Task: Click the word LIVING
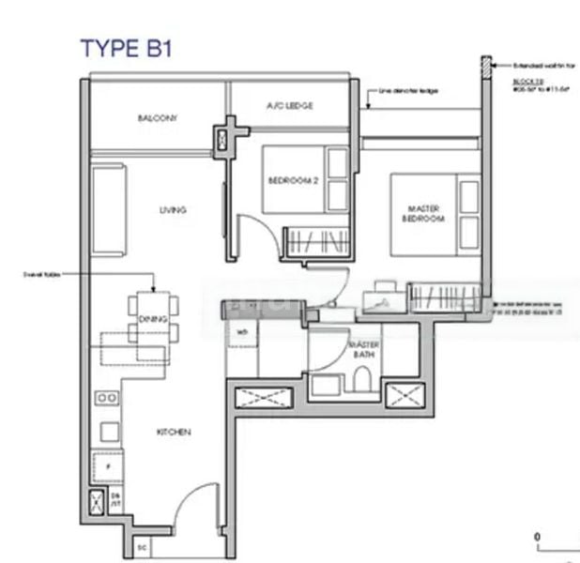pos(173,210)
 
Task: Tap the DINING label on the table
pos(153,320)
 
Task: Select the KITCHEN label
pos(174,433)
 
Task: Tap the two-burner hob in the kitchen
pos(107,398)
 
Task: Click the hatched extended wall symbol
pos(485,67)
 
